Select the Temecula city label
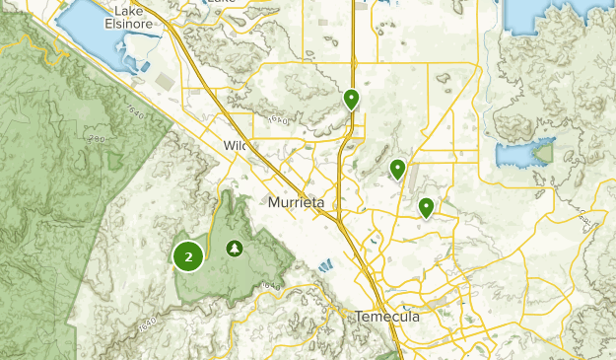[387, 317]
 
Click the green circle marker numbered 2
[188, 256]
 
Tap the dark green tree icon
[235, 248]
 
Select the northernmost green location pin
[351, 99]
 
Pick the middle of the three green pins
[397, 169]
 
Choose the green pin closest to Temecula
[426, 207]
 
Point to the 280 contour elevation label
[96, 139]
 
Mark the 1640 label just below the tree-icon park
[271, 286]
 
